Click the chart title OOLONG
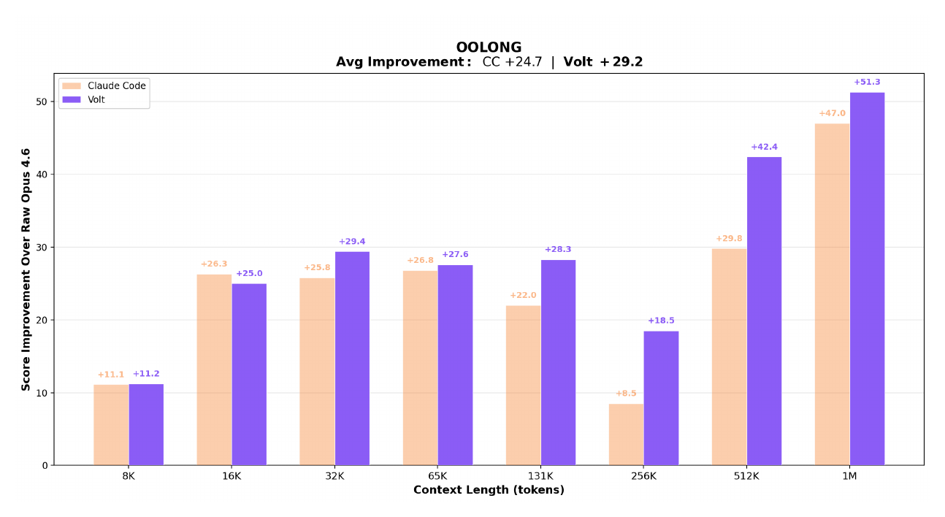click(489, 48)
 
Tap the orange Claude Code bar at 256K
click(627, 434)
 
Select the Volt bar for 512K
click(764, 311)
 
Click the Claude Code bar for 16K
click(214, 369)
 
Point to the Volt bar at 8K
click(146, 424)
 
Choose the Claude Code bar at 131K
click(523, 385)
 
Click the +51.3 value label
click(867, 82)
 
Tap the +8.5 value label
click(626, 394)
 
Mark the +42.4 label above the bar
click(764, 147)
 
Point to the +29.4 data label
click(352, 242)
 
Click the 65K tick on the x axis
click(437, 475)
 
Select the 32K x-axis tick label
click(334, 475)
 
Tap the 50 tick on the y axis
click(43, 102)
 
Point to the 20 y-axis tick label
click(43, 320)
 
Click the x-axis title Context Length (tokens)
click(489, 490)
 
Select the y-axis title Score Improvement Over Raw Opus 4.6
click(26, 269)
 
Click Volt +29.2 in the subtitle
click(602, 62)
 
